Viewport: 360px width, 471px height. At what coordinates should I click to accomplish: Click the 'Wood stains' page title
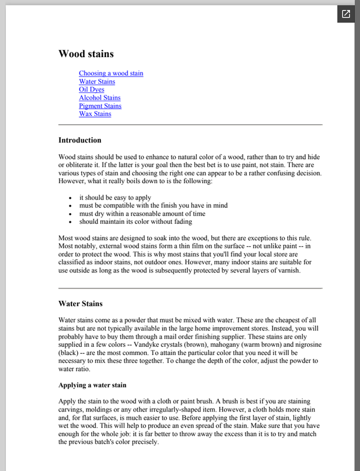coord(86,54)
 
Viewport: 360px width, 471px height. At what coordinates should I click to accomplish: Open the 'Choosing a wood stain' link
coord(111,74)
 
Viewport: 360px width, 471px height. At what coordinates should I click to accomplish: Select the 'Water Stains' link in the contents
coord(97,82)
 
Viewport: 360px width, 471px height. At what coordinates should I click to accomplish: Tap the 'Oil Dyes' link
coord(91,89)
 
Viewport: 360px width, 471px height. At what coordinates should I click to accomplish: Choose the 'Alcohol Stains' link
coord(100,98)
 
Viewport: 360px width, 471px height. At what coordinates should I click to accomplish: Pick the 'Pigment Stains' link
coord(100,106)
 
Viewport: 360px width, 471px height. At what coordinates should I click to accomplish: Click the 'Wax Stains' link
coord(95,114)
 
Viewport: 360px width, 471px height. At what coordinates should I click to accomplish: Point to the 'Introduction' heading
coord(80,140)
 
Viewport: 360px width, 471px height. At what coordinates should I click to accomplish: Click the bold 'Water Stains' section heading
coord(80,304)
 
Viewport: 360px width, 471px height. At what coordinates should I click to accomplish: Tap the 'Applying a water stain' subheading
coord(92,386)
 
